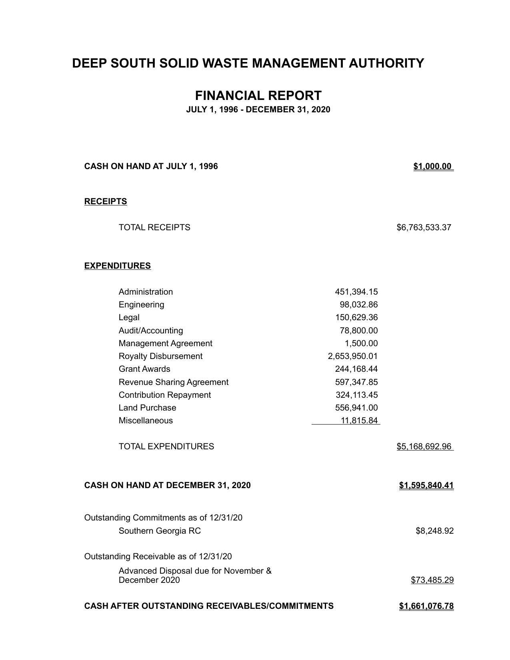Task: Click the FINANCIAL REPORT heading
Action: [x=258, y=96]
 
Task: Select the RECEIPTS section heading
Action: [x=106, y=201]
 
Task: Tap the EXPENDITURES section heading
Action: [x=118, y=266]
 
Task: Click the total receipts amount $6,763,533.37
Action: [x=424, y=227]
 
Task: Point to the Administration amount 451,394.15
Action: [x=356, y=292]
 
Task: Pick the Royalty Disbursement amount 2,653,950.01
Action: [x=352, y=356]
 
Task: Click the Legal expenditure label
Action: [x=129, y=317]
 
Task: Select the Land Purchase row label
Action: [x=147, y=408]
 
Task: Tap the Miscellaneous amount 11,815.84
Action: [x=359, y=421]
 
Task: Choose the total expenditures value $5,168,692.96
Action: [x=424, y=447]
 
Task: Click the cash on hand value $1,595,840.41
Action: [x=426, y=485]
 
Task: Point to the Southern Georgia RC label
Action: [x=160, y=531]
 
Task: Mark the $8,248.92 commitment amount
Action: [x=434, y=531]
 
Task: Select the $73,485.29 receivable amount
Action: [x=432, y=580]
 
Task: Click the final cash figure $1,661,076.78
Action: [x=426, y=606]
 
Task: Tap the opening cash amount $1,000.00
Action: [x=432, y=166]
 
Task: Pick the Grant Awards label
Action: [x=144, y=369]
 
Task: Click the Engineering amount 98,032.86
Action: [x=358, y=305]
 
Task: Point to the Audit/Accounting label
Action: [x=151, y=331]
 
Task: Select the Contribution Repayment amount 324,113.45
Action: [x=356, y=395]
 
